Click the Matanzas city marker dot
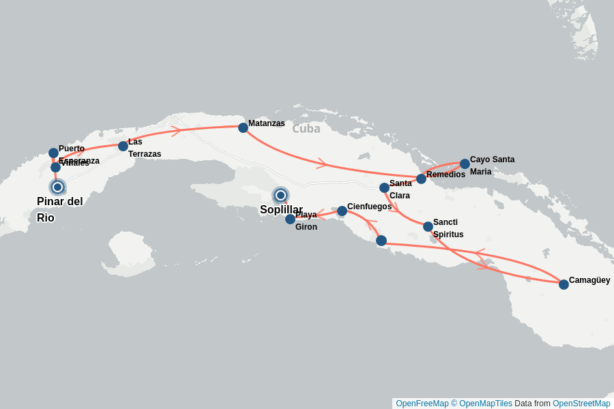coord(243,127)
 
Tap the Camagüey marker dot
coord(564,284)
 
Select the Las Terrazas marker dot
coord(123,146)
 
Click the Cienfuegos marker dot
coord(342,211)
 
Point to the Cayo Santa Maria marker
coord(465,164)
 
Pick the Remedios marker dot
coord(421,179)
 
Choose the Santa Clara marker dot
coord(384,187)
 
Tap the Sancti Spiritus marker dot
coord(428,226)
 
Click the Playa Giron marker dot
coord(290,219)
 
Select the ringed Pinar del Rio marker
coord(57,187)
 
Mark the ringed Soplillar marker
coord(280,195)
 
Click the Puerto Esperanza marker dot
coord(53,153)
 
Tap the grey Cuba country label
coord(306,128)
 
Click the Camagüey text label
coord(589,280)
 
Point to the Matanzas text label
coord(267,123)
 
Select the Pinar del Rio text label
coord(59,209)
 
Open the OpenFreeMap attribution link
coord(422,404)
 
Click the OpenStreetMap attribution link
coord(581,404)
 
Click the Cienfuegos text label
coord(369,207)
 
